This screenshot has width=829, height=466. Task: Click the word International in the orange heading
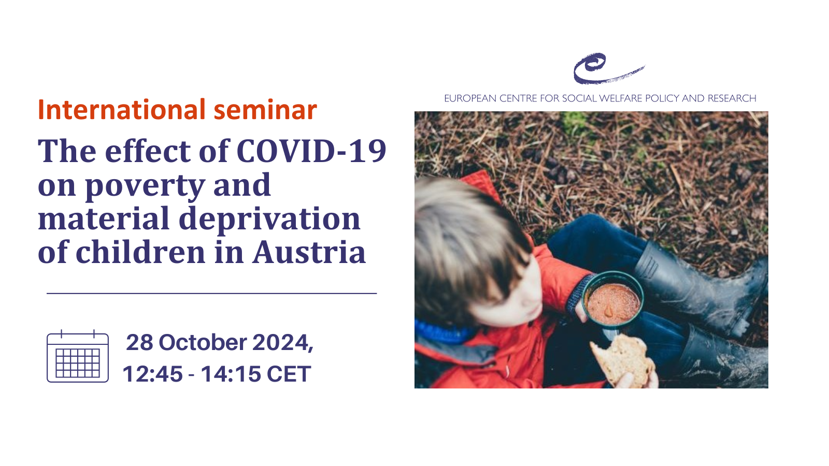pos(122,110)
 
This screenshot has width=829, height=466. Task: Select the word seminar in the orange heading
pos(265,110)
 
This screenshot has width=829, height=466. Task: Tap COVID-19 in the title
pos(311,151)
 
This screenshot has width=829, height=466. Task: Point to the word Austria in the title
pos(309,252)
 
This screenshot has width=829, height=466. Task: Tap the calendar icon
pos(78,356)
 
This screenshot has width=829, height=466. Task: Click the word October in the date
pos(203,342)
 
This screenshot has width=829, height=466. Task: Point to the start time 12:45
pos(152,374)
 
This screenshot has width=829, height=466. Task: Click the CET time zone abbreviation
pos(289,374)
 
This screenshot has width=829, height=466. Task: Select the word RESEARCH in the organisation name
pos(732,98)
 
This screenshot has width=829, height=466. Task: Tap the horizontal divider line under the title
pos(212,293)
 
